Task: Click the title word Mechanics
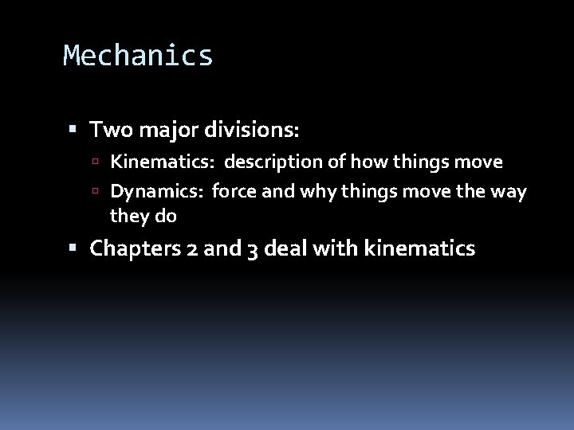(138, 56)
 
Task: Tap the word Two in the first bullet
(108, 127)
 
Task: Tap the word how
(354, 163)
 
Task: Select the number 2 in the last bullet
(191, 249)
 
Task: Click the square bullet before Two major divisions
(74, 128)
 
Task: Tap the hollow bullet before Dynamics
(95, 192)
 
